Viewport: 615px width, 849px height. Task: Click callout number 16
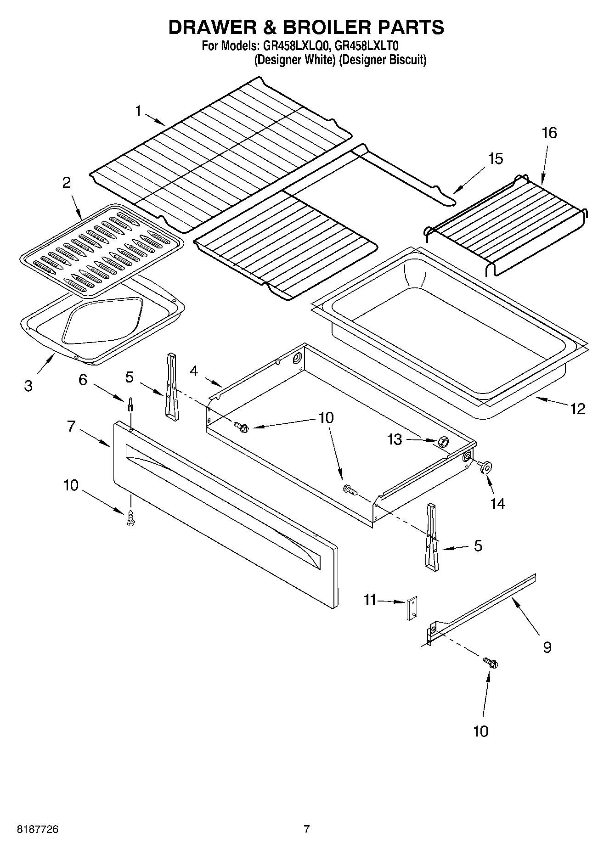549,133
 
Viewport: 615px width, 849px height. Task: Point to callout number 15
495,158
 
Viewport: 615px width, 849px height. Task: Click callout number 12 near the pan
578,408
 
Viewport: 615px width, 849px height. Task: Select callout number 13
395,439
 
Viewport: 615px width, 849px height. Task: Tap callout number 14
497,504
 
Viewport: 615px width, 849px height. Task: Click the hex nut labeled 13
443,442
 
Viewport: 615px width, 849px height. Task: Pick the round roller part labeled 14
484,467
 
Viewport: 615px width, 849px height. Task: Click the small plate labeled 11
412,608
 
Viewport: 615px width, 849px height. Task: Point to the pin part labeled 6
130,405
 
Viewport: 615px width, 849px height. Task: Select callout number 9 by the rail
547,647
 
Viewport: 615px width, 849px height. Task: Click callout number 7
71,426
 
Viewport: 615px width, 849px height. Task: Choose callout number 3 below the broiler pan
28,385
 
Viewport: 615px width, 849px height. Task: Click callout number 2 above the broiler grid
67,183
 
